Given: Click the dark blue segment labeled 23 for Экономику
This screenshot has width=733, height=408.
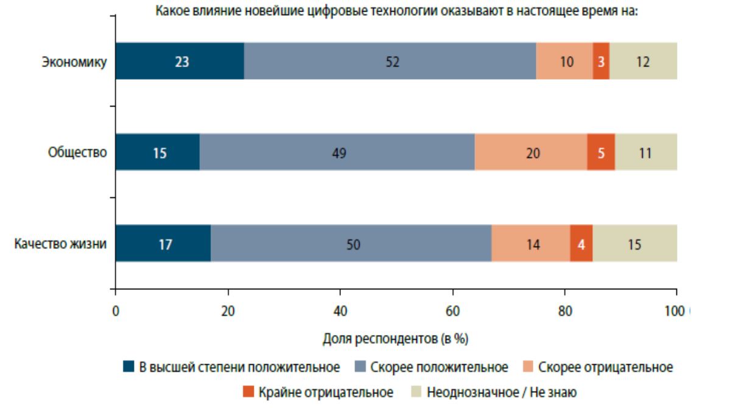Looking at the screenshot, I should pyautogui.click(x=180, y=61).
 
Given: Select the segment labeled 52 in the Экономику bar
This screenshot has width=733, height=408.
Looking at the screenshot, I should pyautogui.click(x=390, y=61).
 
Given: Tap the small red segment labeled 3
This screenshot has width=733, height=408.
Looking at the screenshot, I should pyautogui.click(x=601, y=61).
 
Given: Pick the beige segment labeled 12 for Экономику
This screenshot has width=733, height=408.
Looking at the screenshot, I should pyautogui.click(x=643, y=61).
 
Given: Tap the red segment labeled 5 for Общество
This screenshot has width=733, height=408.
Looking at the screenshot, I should pyautogui.click(x=601, y=152).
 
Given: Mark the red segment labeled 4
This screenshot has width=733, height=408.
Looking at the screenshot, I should pyautogui.click(x=581, y=244).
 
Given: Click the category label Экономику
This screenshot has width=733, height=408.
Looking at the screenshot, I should pyautogui.click(x=74, y=61).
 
